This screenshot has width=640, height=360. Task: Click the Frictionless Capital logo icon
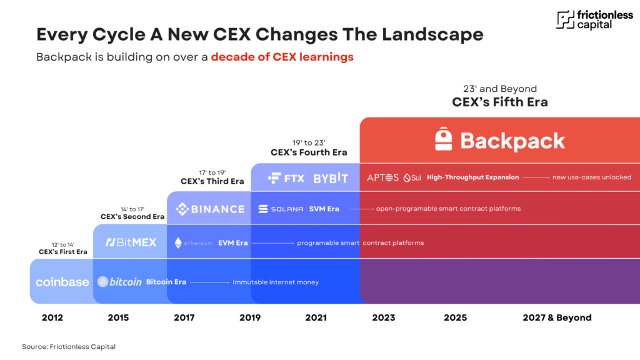566,20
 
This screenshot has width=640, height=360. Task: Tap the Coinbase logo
62,282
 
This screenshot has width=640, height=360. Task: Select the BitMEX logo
131,242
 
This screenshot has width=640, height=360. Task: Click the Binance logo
210,209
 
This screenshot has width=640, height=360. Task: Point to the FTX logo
286,178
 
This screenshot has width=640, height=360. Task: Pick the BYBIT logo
331,178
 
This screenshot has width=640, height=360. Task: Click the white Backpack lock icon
444,139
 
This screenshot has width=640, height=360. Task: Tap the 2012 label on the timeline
52,317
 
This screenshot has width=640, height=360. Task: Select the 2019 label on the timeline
250,317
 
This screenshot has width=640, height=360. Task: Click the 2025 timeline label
455,317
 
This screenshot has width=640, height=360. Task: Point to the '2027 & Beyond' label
557,317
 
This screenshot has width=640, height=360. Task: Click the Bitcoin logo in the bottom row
119,282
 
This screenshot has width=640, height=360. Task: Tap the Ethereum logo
193,242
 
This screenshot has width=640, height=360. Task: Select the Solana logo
281,209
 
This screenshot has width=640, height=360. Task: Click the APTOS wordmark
382,177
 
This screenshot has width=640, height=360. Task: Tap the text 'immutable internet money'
276,282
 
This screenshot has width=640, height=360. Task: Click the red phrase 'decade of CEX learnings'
282,57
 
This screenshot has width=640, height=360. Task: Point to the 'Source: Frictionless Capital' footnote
69,346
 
